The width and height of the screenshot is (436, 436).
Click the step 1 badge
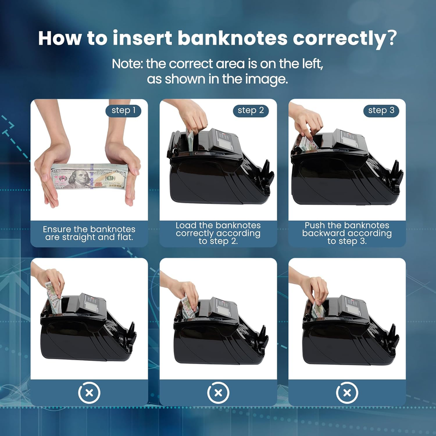pos(123,111)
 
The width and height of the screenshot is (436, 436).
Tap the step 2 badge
pos(251,111)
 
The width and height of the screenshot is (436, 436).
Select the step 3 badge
pos(381,111)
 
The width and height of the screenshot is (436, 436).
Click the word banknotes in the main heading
pos(233,38)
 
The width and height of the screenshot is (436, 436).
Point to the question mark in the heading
pos(390,38)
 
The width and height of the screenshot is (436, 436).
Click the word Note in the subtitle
pos(127,64)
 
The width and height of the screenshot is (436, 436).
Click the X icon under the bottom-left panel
pos(89,392)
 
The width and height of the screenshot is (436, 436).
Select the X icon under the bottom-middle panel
pos(219,392)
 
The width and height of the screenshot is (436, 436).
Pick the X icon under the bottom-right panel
pos(347,392)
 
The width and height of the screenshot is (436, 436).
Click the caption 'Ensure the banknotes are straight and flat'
pos(89,233)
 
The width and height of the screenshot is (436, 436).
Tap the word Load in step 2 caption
pos(186,225)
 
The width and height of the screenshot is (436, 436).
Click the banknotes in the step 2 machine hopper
pos(190,141)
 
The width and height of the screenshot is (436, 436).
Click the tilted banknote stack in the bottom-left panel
pos(53,298)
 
